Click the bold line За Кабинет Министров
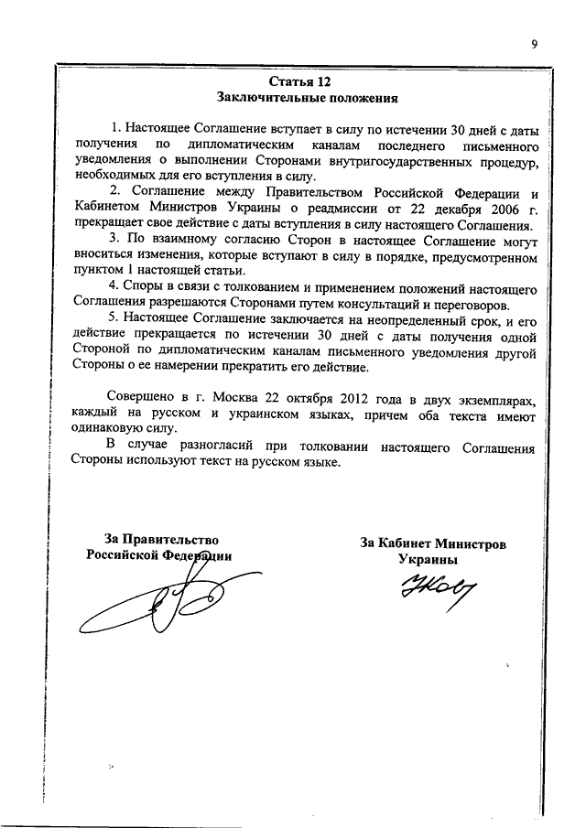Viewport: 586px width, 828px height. point(432,543)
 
